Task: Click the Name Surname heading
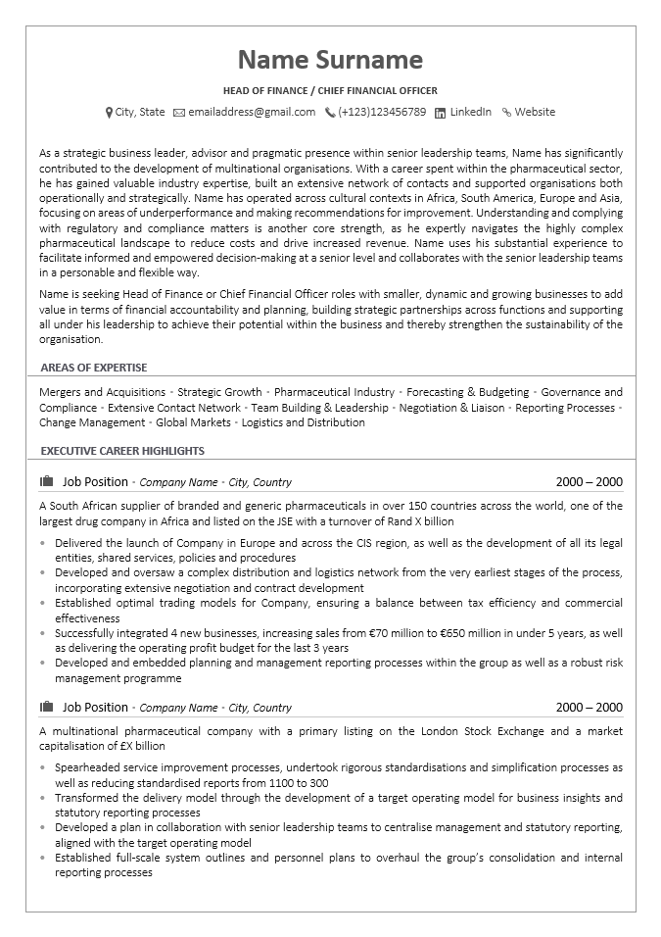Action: coord(330,60)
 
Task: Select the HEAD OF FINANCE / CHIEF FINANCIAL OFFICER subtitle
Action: coord(330,90)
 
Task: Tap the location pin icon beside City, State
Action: coord(109,113)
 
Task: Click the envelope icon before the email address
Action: coord(179,113)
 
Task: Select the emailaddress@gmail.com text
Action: coord(252,112)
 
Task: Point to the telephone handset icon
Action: coord(330,113)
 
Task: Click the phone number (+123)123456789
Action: coord(382,112)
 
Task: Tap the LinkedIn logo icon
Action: coord(440,113)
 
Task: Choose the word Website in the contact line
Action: coord(535,112)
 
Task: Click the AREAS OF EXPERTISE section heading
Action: coord(94,368)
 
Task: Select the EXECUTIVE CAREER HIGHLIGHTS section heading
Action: coord(122,451)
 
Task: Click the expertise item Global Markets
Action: coord(193,422)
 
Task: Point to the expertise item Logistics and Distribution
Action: coord(303,422)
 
